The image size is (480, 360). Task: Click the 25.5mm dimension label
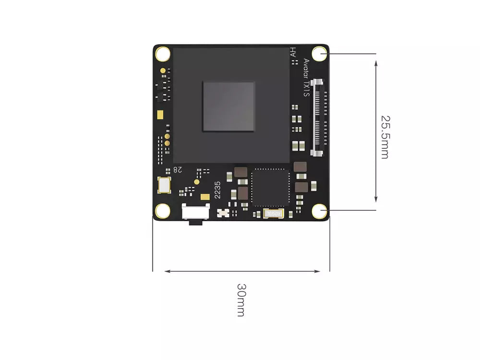click(x=385, y=137)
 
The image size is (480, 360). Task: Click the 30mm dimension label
click(x=241, y=300)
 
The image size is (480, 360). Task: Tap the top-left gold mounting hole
click(x=163, y=54)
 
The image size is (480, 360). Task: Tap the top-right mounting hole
click(x=320, y=54)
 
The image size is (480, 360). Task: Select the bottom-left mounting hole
click(x=163, y=211)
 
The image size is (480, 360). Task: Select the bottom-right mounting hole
click(x=320, y=211)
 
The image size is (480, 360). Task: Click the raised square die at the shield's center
click(x=228, y=107)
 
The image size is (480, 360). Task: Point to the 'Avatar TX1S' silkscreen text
click(x=306, y=78)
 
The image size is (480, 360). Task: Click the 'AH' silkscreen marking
click(x=293, y=52)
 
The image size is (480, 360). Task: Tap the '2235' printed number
click(x=217, y=190)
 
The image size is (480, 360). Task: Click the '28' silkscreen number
click(x=178, y=169)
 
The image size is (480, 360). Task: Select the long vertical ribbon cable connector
click(x=317, y=118)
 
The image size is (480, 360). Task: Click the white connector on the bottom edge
click(x=196, y=212)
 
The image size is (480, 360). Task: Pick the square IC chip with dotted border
click(x=270, y=187)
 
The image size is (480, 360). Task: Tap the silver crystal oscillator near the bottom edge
click(x=274, y=214)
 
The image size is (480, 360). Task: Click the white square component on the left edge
click(x=164, y=185)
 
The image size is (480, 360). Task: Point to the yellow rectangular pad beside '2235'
click(x=205, y=197)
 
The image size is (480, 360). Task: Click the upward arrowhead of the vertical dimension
click(x=376, y=64)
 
